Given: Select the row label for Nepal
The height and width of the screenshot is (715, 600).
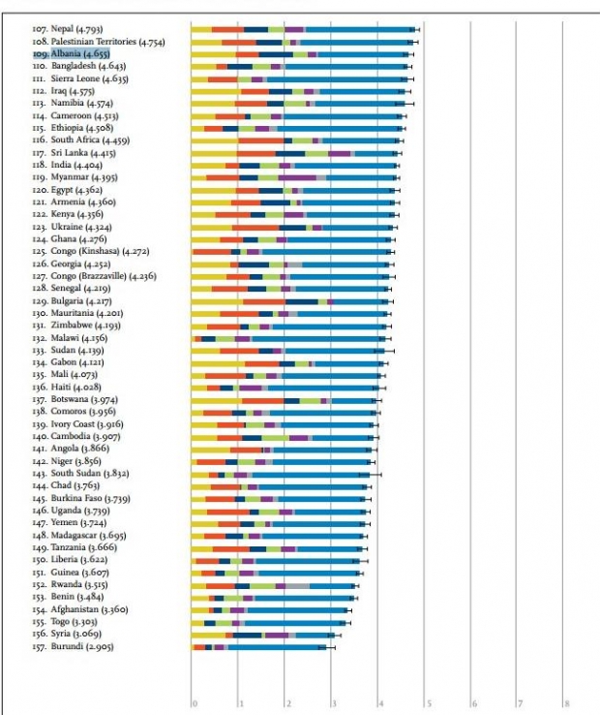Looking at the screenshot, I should pyautogui.click(x=66, y=30).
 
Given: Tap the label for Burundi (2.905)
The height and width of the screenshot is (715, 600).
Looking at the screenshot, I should pyautogui.click(x=74, y=646).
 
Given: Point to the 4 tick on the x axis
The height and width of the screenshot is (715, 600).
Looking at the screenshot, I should pyautogui.click(x=381, y=703).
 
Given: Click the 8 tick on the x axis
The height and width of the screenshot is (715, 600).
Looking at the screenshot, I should pyautogui.click(x=567, y=703).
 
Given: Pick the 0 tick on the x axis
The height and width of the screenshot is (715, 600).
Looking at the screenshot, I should pyautogui.click(x=195, y=703).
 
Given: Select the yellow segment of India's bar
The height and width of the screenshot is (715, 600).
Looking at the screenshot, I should pyautogui.click(x=208, y=166).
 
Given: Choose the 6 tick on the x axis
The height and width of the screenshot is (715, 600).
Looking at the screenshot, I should pyautogui.click(x=474, y=703).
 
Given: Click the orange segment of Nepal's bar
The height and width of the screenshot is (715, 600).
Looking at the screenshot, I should pyautogui.click(x=227, y=30).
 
